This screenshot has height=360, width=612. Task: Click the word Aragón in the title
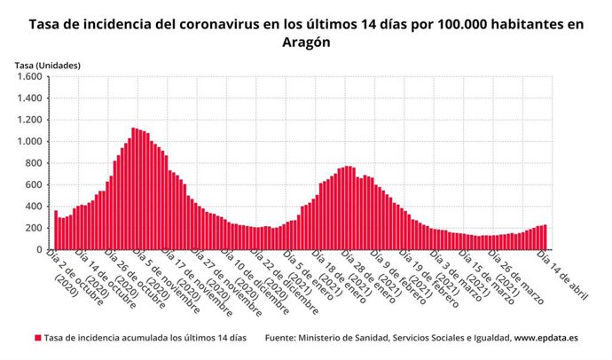click(x=306, y=42)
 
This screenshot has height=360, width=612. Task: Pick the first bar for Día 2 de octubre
click(x=56, y=230)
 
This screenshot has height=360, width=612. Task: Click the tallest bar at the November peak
click(x=133, y=189)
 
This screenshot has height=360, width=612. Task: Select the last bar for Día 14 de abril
click(x=544, y=237)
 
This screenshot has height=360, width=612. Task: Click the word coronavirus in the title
click(x=220, y=24)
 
